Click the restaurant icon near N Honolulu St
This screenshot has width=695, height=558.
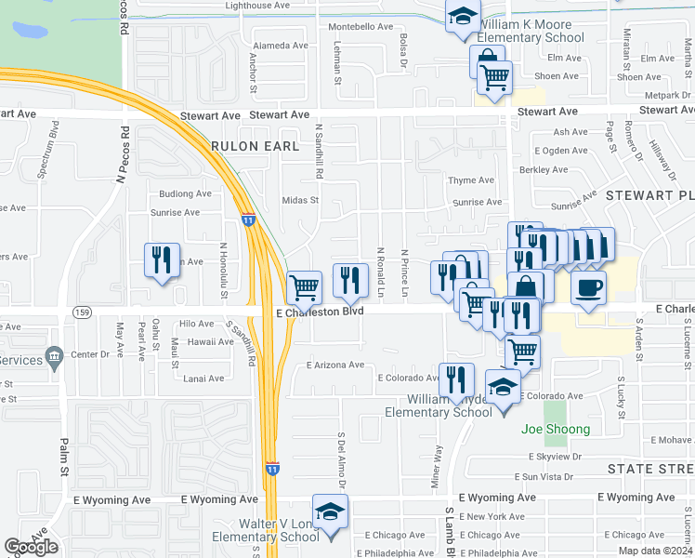(x=162, y=260)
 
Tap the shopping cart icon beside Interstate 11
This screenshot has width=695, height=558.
(x=305, y=287)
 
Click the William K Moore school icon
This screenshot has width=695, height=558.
(x=462, y=18)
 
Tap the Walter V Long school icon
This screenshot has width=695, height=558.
(x=329, y=512)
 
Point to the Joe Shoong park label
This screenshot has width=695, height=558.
(x=556, y=429)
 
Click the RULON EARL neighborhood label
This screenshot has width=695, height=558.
(x=255, y=146)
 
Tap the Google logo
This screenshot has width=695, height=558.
(x=32, y=547)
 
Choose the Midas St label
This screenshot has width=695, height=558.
(x=300, y=200)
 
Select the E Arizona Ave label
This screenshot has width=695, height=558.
(x=335, y=365)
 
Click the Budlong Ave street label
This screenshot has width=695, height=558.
(x=186, y=193)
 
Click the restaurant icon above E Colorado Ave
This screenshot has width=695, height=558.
(x=456, y=379)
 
